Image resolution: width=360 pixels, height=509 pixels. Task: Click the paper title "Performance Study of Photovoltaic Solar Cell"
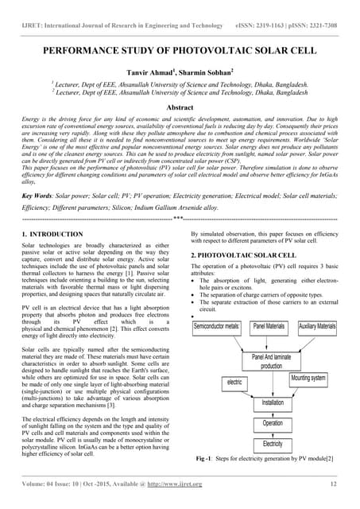[180, 49]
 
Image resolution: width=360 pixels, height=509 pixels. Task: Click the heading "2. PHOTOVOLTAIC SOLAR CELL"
[242, 254]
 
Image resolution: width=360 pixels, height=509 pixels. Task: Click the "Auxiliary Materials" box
[317, 326]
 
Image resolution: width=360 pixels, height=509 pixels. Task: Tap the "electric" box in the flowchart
[234, 383]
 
